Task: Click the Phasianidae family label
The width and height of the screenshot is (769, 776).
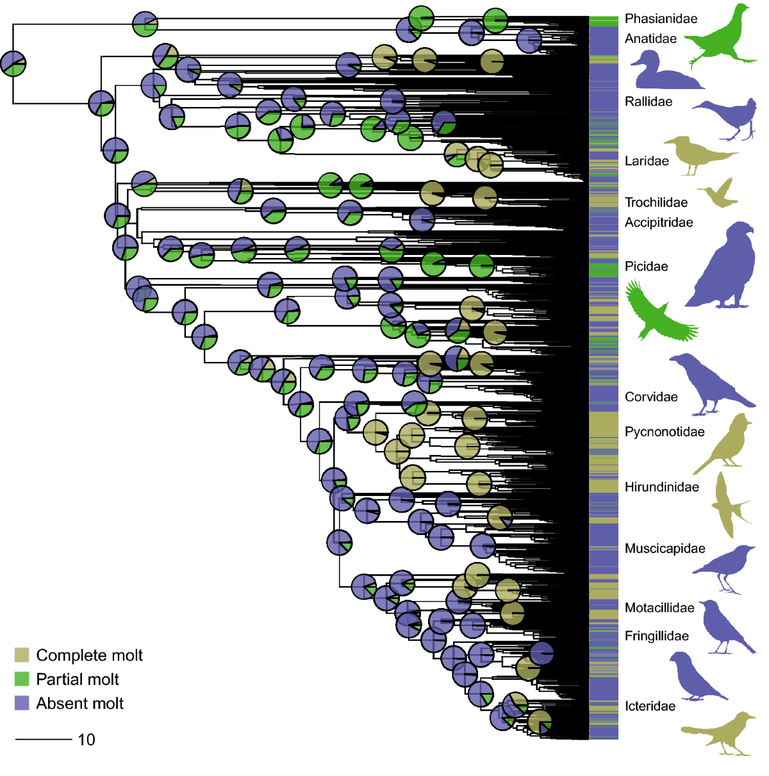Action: click(x=661, y=19)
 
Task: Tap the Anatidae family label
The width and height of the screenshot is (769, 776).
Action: click(x=650, y=38)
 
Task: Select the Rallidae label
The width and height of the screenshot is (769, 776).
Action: click(x=649, y=101)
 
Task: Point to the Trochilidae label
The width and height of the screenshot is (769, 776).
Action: click(x=656, y=202)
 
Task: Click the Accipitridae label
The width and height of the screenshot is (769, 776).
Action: click(x=659, y=222)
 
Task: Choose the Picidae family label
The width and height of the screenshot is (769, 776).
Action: click(x=646, y=267)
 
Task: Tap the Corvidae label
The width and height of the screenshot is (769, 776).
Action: click(x=651, y=397)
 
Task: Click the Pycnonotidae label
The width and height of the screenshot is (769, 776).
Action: click(x=665, y=432)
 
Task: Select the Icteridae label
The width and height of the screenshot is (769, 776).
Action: click(x=650, y=706)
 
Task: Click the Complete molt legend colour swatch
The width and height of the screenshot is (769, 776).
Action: click(x=22, y=655)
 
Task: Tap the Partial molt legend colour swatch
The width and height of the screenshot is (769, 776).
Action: click(x=22, y=679)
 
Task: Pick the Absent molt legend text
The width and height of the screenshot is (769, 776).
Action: click(x=79, y=704)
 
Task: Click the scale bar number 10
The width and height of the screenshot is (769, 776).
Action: click(x=87, y=739)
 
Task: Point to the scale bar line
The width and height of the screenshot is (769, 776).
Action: click(x=43, y=739)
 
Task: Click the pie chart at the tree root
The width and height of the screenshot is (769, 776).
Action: click(x=13, y=63)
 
